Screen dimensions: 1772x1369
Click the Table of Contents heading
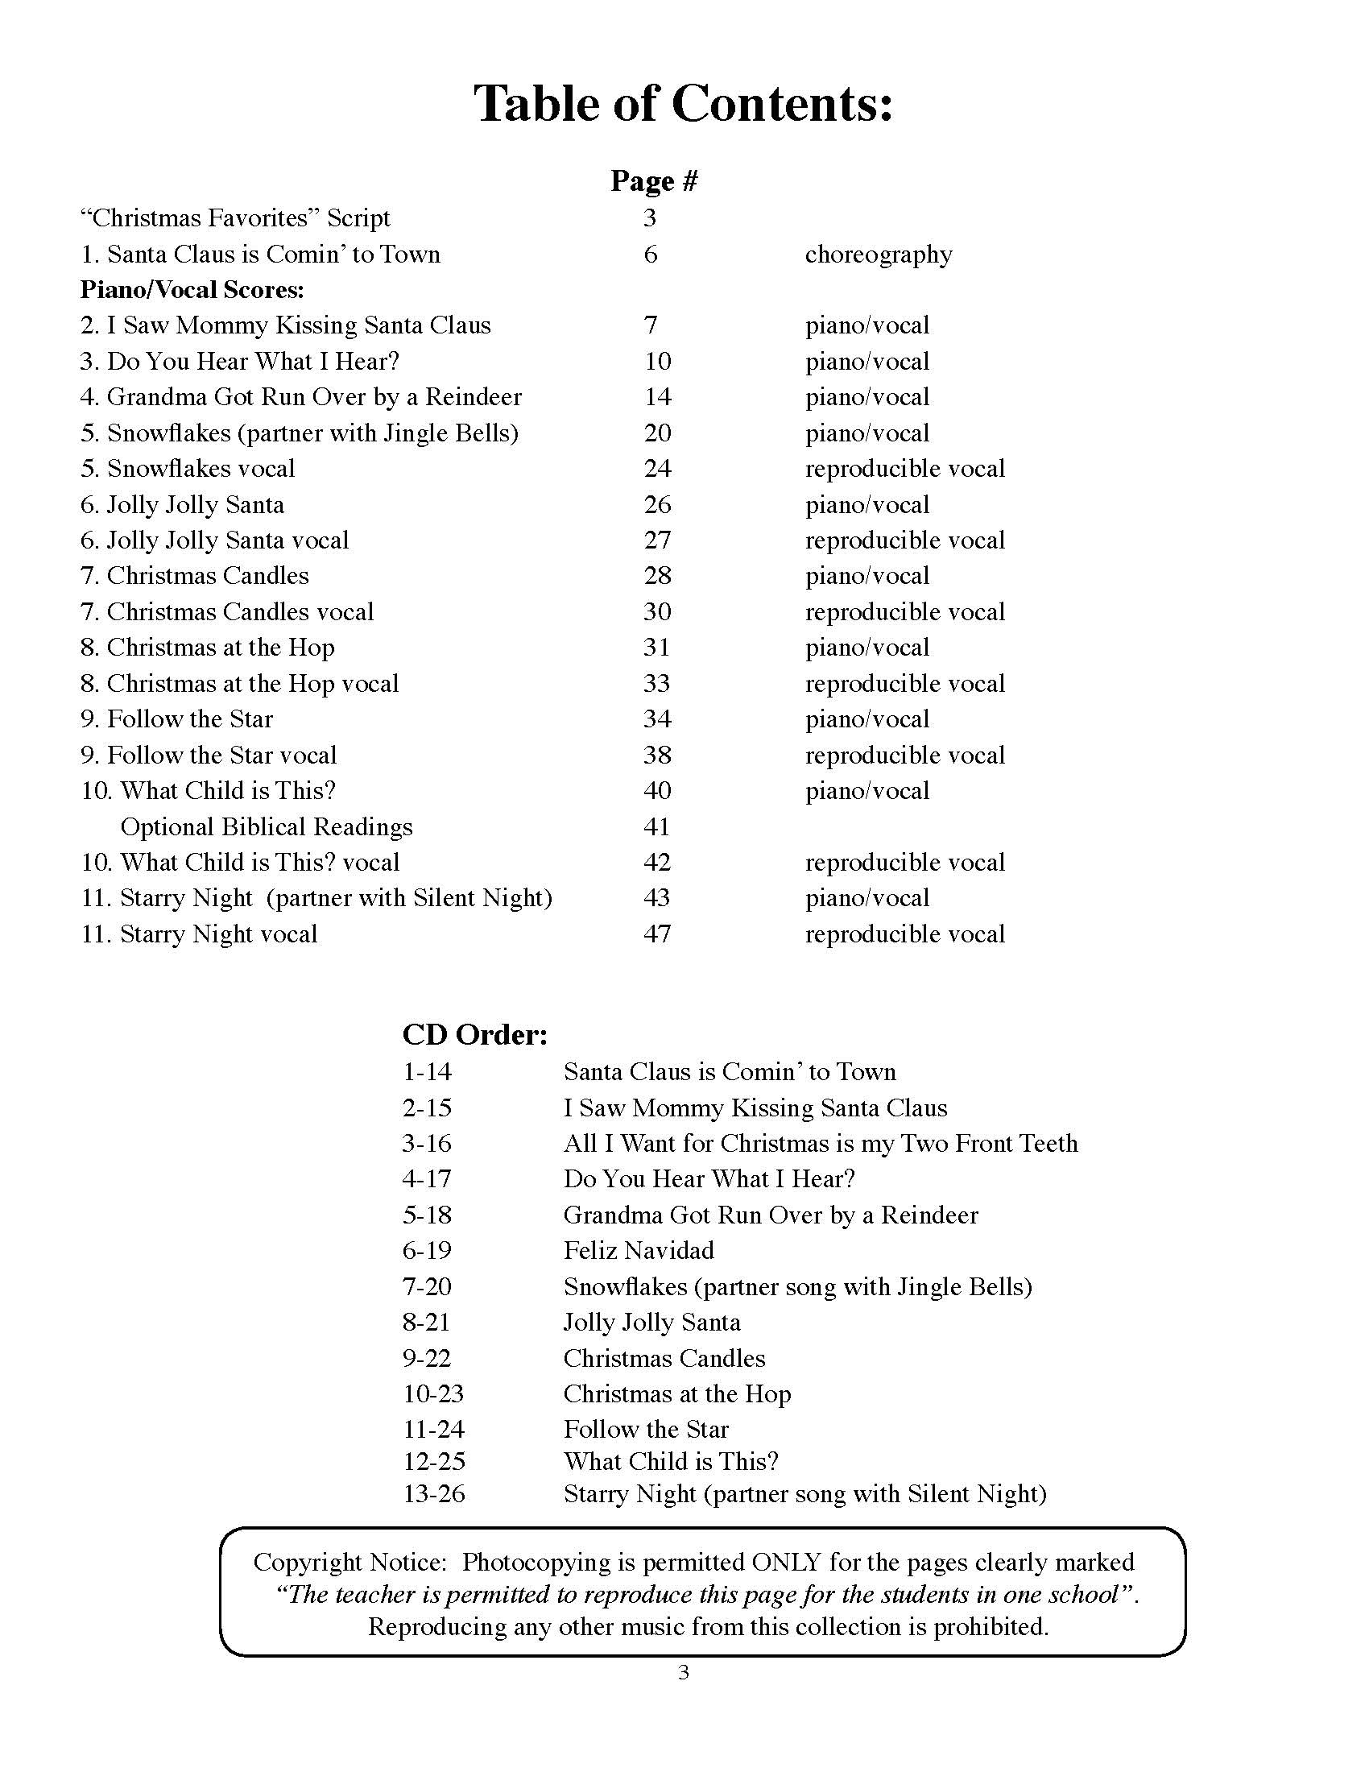pyautogui.click(x=684, y=104)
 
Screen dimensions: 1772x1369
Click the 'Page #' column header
pyautogui.click(x=654, y=180)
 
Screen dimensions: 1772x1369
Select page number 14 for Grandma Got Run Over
pyautogui.click(x=658, y=397)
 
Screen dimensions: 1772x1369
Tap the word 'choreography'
pyautogui.click(x=879, y=255)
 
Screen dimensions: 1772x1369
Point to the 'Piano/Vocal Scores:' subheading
pyautogui.click(x=192, y=290)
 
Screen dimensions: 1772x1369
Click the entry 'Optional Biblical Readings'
pyautogui.click(x=266, y=826)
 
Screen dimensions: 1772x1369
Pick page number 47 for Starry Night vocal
pyautogui.click(x=657, y=934)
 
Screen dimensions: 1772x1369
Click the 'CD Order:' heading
pyautogui.click(x=475, y=1034)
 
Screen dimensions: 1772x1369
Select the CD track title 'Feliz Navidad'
pyautogui.click(x=639, y=1250)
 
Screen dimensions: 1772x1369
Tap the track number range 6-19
pyautogui.click(x=428, y=1250)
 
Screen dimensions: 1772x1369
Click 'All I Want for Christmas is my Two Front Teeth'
pyautogui.click(x=821, y=1143)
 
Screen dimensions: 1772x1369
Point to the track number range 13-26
pyautogui.click(x=434, y=1493)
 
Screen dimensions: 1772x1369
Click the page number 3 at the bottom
pyautogui.click(x=684, y=1673)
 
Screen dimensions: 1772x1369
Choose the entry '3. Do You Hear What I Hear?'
pyautogui.click(x=240, y=361)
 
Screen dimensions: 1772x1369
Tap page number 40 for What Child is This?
pyautogui.click(x=657, y=790)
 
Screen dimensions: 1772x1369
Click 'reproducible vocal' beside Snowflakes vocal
pyautogui.click(x=905, y=469)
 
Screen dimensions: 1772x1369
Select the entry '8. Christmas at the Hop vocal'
pyautogui.click(x=240, y=683)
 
